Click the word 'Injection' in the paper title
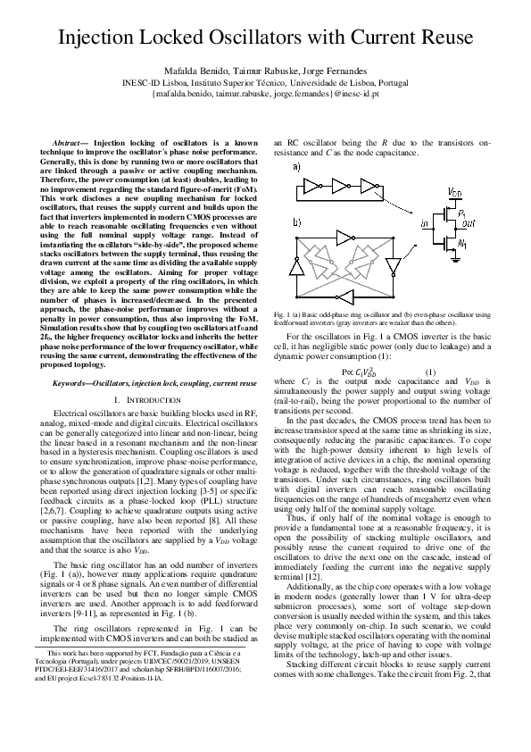(101, 38)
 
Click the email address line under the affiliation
(265, 92)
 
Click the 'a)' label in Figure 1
(295, 166)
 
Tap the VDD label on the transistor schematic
(454, 192)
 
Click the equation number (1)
(405, 372)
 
